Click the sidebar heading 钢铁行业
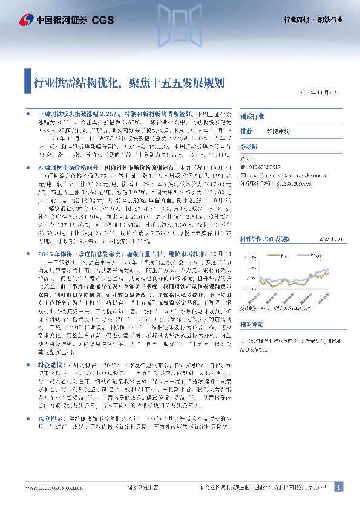(253, 115)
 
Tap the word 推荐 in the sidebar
(246, 131)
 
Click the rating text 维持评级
(276, 131)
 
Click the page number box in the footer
(338, 487)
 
